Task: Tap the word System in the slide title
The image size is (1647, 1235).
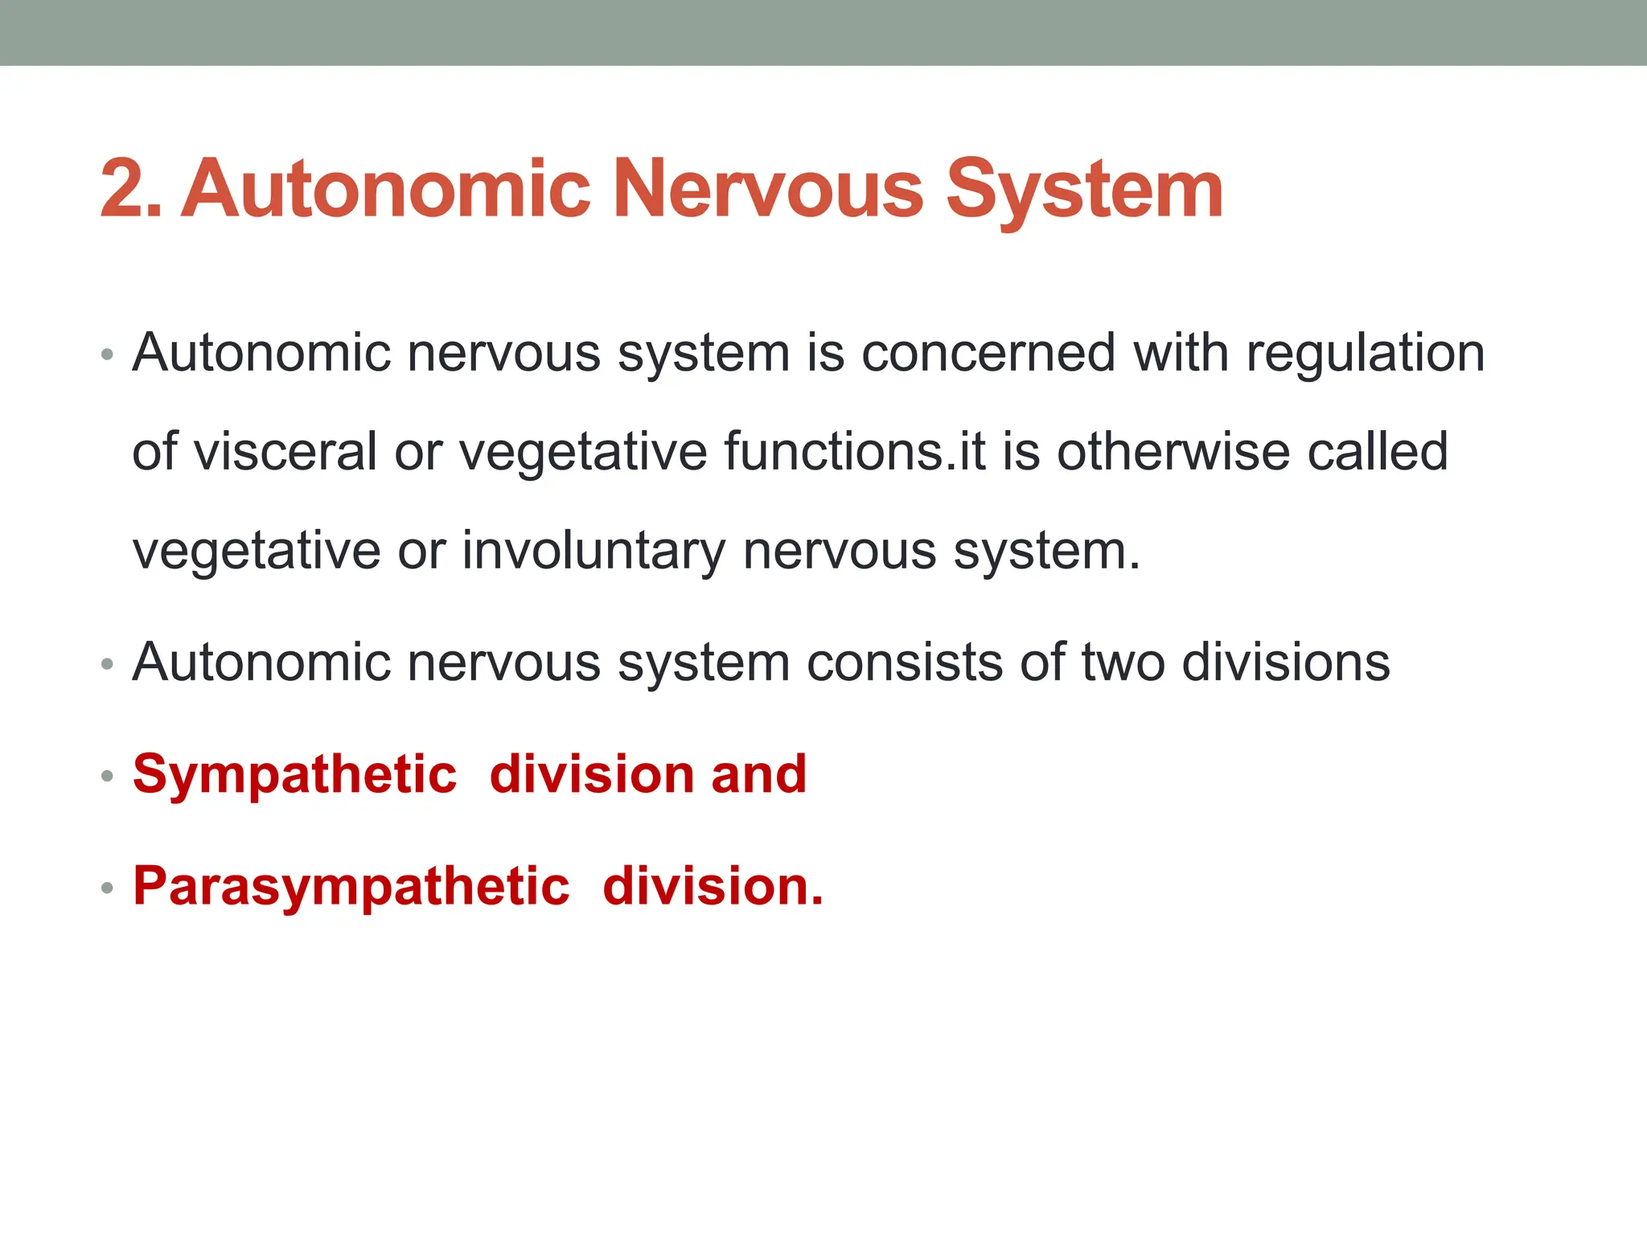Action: pos(1084,191)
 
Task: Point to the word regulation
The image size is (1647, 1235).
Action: pos(1365,355)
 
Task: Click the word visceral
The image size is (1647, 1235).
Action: pos(285,451)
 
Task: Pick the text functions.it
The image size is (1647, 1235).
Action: pos(854,451)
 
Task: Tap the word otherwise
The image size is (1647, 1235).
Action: pos(1173,451)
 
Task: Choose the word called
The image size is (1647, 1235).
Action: pos(1378,451)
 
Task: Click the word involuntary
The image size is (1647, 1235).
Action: pos(593,552)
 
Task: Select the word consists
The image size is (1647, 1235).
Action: pos(905,663)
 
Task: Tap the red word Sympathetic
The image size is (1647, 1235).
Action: pos(295,775)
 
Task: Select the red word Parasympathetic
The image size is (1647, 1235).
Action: pos(351,887)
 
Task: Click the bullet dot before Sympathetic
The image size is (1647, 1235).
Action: pos(107,777)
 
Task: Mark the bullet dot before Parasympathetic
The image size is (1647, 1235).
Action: pos(107,888)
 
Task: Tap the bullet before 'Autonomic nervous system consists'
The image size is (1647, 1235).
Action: pos(107,665)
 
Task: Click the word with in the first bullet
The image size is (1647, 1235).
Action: pos(1181,353)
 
